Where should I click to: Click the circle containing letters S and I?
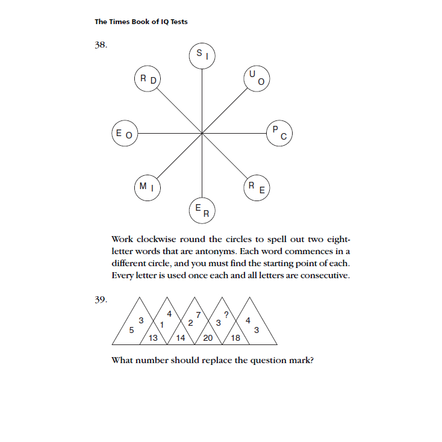[x=202, y=55]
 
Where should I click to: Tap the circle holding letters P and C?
[x=279, y=132]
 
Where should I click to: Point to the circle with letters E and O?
[x=125, y=132]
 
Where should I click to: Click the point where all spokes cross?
[x=202, y=132]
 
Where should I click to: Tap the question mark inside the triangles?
[x=226, y=314]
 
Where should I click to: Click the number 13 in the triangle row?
[x=153, y=338]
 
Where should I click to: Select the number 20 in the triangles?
[x=208, y=338]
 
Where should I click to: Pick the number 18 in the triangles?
[x=236, y=338]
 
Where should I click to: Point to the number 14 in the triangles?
[x=181, y=338]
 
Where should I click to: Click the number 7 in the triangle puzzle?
[x=198, y=314]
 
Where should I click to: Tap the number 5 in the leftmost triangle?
[x=131, y=330]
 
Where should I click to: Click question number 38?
[x=101, y=45]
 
